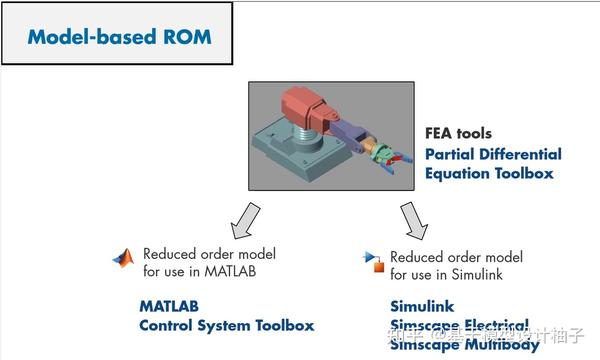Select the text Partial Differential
click(493, 154)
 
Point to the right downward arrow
click(411, 220)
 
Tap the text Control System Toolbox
click(226, 325)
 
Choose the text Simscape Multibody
click(459, 344)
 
